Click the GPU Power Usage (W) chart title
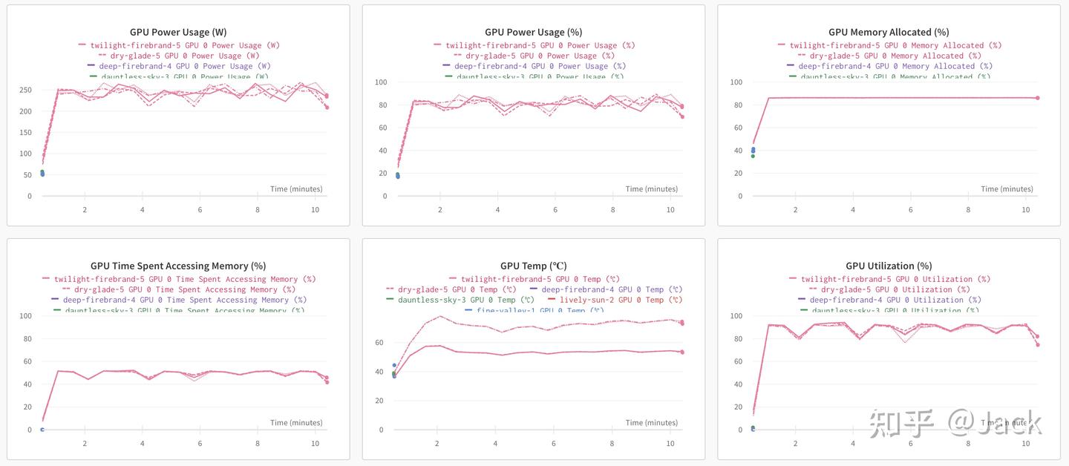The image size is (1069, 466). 178,32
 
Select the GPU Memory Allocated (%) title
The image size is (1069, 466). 889,32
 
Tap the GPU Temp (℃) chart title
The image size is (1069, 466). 533,266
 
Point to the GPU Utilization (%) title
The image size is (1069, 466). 889,266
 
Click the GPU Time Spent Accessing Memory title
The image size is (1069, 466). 178,266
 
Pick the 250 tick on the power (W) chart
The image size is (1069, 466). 25,91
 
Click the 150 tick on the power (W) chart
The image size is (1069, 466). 25,133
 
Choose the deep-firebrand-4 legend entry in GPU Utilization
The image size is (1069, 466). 895,300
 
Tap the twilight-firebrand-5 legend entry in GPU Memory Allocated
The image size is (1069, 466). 895,45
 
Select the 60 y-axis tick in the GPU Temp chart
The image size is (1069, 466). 379,343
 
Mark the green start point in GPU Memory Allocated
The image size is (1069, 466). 753,156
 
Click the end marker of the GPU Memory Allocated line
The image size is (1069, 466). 1037,98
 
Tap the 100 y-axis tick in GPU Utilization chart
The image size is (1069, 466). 736,316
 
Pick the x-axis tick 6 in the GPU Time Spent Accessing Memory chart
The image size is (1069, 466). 200,443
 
